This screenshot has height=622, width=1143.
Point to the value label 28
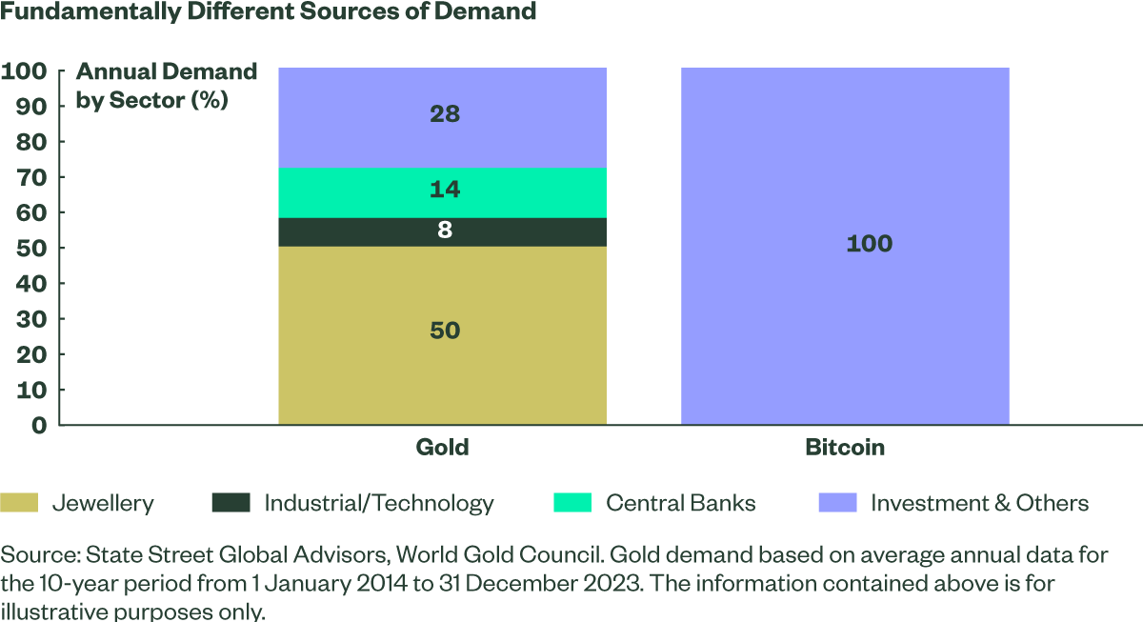tap(445, 114)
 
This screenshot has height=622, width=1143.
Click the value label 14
tap(445, 190)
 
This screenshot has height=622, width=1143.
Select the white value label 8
tap(445, 231)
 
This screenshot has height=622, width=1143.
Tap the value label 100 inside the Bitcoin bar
tap(869, 244)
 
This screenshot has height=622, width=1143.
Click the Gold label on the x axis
tap(442, 447)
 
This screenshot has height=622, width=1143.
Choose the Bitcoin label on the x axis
tap(845, 447)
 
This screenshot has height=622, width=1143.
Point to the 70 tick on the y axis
tap(30, 177)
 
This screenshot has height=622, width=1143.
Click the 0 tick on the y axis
tap(38, 425)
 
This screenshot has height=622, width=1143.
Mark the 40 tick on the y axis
tap(30, 284)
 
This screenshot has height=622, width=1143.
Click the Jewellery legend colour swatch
tap(19, 502)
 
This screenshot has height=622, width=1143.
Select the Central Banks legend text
tap(680, 503)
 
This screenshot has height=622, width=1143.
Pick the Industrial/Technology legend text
tap(379, 503)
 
